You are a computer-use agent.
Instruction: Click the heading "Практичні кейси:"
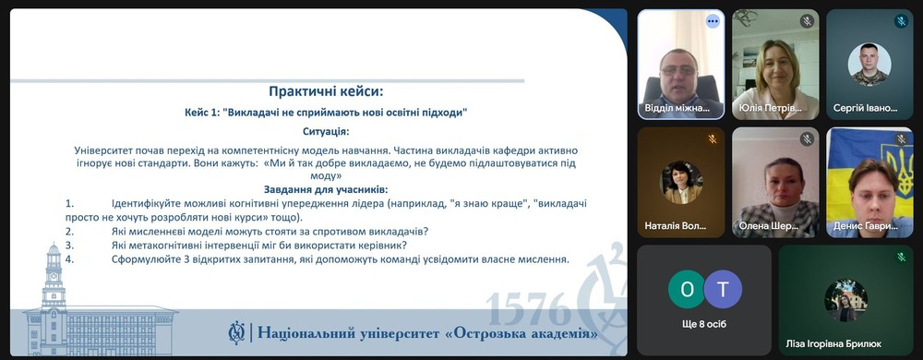[x=326, y=91]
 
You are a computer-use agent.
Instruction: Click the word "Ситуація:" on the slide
[x=326, y=131]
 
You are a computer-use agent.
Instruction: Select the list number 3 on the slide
[x=69, y=245]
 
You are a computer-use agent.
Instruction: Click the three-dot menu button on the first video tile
[x=713, y=21]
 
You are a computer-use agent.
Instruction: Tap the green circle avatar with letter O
[x=687, y=289]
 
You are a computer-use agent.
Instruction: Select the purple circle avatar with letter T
[x=723, y=289]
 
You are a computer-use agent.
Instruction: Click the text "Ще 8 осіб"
[x=703, y=324]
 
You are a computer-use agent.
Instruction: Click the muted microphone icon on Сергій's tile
[x=901, y=22]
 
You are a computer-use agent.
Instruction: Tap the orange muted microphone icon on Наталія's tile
[x=713, y=139]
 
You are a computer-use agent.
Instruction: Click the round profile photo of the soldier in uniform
[x=869, y=64]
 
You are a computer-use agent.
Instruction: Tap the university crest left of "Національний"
[x=236, y=333]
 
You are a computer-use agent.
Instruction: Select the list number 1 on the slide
[x=69, y=203]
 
